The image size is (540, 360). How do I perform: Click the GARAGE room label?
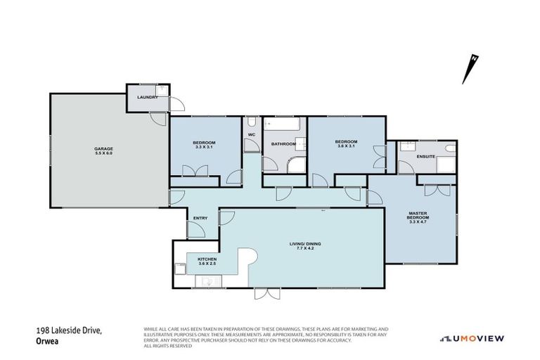[x=104, y=148]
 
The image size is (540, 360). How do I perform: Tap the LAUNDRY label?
[x=148, y=97]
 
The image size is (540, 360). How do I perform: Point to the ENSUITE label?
[x=425, y=156]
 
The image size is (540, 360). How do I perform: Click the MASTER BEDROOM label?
[x=418, y=215]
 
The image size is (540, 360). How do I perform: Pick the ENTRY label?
[x=200, y=218]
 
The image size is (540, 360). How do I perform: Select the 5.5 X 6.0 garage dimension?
[x=104, y=153]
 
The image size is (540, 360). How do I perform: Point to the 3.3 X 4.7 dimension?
[x=418, y=224]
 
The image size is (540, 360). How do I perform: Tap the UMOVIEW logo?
[x=472, y=338]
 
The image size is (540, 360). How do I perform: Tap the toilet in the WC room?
[x=251, y=146]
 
